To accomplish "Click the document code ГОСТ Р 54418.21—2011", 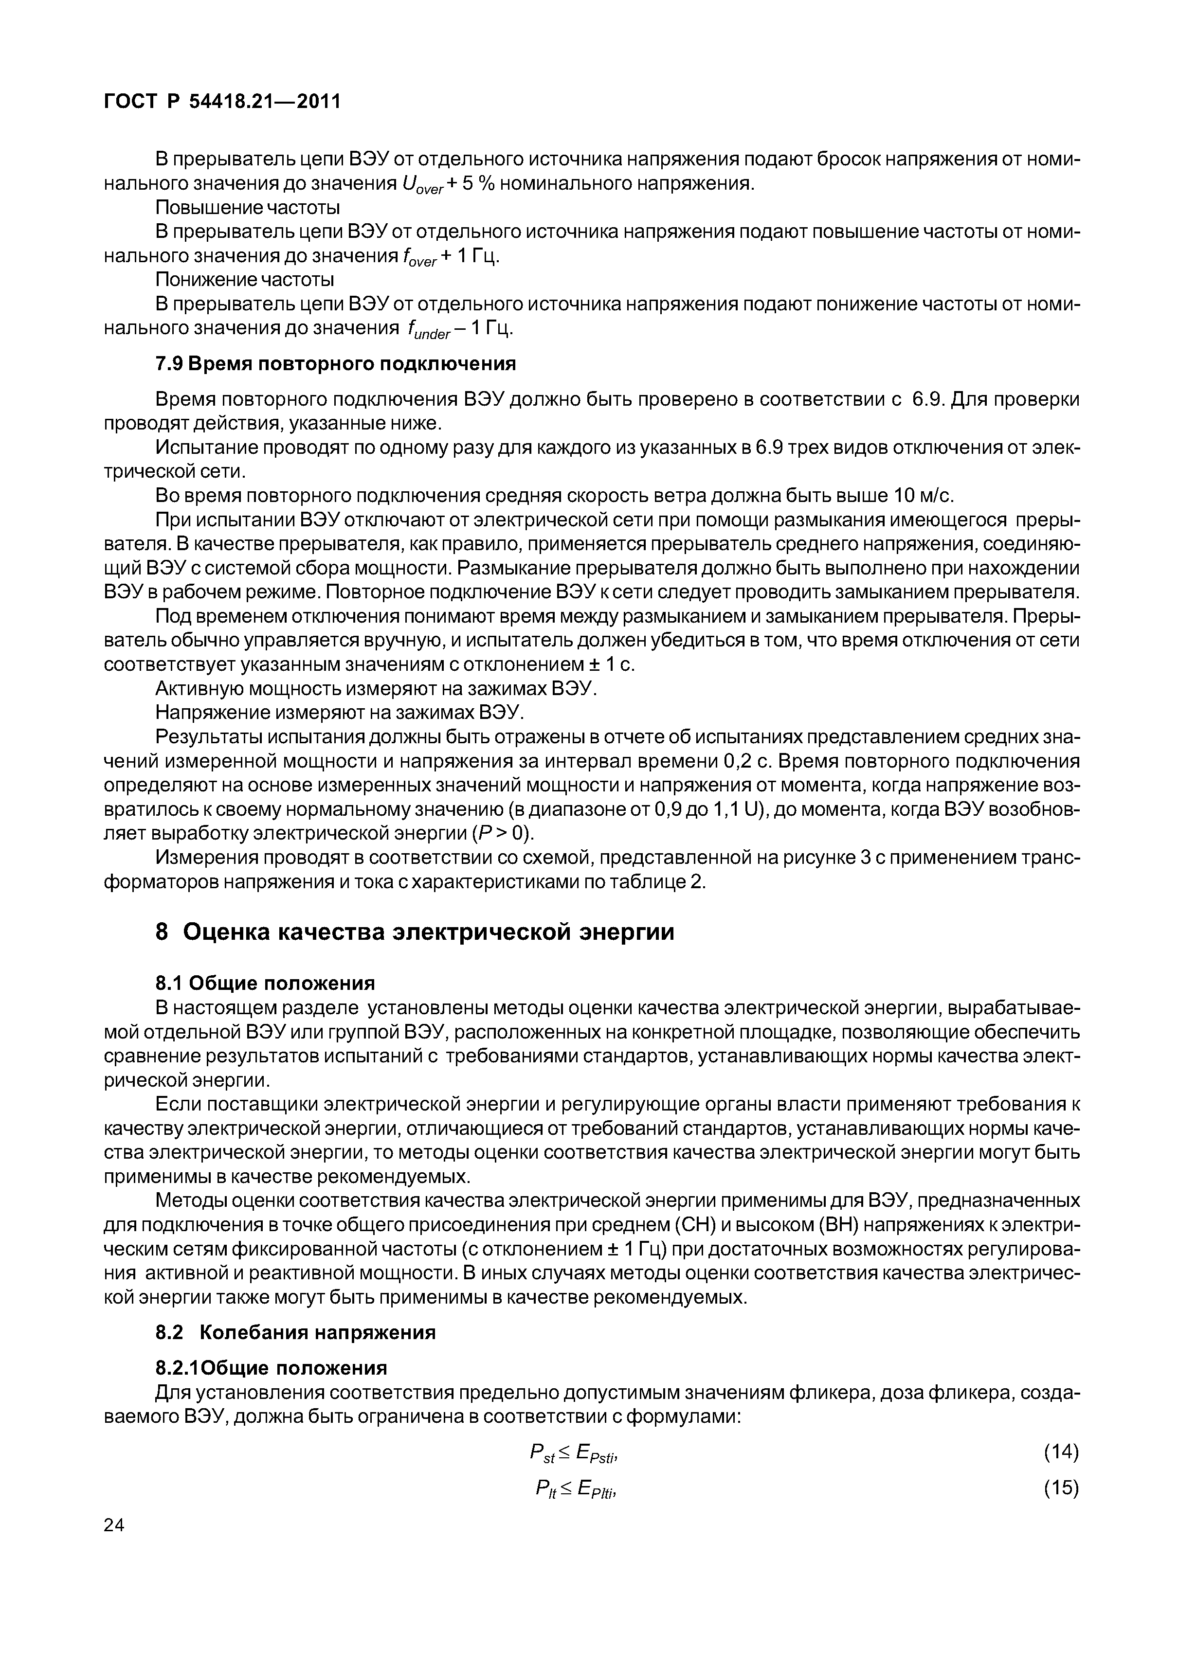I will [222, 102].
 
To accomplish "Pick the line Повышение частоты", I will [248, 208].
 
